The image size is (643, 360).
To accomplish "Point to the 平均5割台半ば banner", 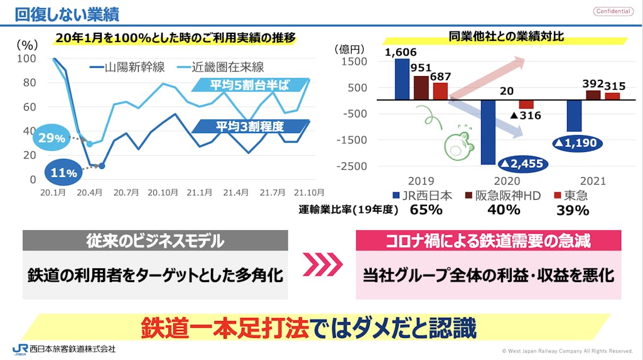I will click(249, 85).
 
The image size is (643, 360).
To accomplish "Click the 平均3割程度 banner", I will click(249, 126).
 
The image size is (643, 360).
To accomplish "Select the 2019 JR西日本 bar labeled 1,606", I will click(402, 79).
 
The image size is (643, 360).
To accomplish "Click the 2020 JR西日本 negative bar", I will click(488, 132).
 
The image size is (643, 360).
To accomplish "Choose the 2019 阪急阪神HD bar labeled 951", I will click(421, 87).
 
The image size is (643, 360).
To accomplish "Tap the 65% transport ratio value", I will click(426, 210).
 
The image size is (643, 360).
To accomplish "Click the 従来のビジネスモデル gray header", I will click(154, 241).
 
